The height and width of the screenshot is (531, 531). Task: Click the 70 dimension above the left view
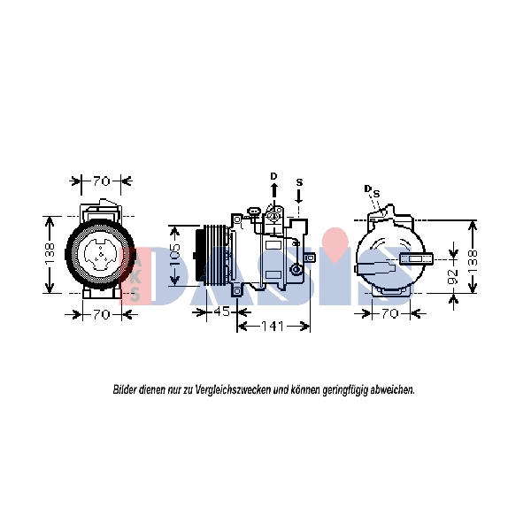pyautogui.click(x=102, y=181)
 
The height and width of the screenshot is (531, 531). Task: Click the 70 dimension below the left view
pyautogui.click(x=102, y=315)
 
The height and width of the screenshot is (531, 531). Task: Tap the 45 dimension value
pyautogui.click(x=222, y=312)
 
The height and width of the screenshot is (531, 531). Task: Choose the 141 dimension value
pyautogui.click(x=273, y=327)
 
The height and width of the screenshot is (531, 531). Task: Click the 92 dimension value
pyautogui.click(x=453, y=276)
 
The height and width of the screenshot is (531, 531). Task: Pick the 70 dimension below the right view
pyautogui.click(x=389, y=314)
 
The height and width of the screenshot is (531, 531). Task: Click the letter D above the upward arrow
pyautogui.click(x=273, y=176)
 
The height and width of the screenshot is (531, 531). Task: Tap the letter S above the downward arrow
pyautogui.click(x=299, y=182)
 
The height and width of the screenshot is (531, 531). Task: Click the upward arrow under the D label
pyautogui.click(x=274, y=190)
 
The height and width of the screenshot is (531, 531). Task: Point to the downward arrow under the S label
pyautogui.click(x=299, y=196)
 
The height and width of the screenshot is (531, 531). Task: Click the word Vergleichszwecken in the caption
pyautogui.click(x=234, y=390)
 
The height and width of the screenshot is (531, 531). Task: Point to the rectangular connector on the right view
pyautogui.click(x=416, y=258)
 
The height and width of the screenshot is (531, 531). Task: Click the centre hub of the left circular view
pyautogui.click(x=101, y=254)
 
